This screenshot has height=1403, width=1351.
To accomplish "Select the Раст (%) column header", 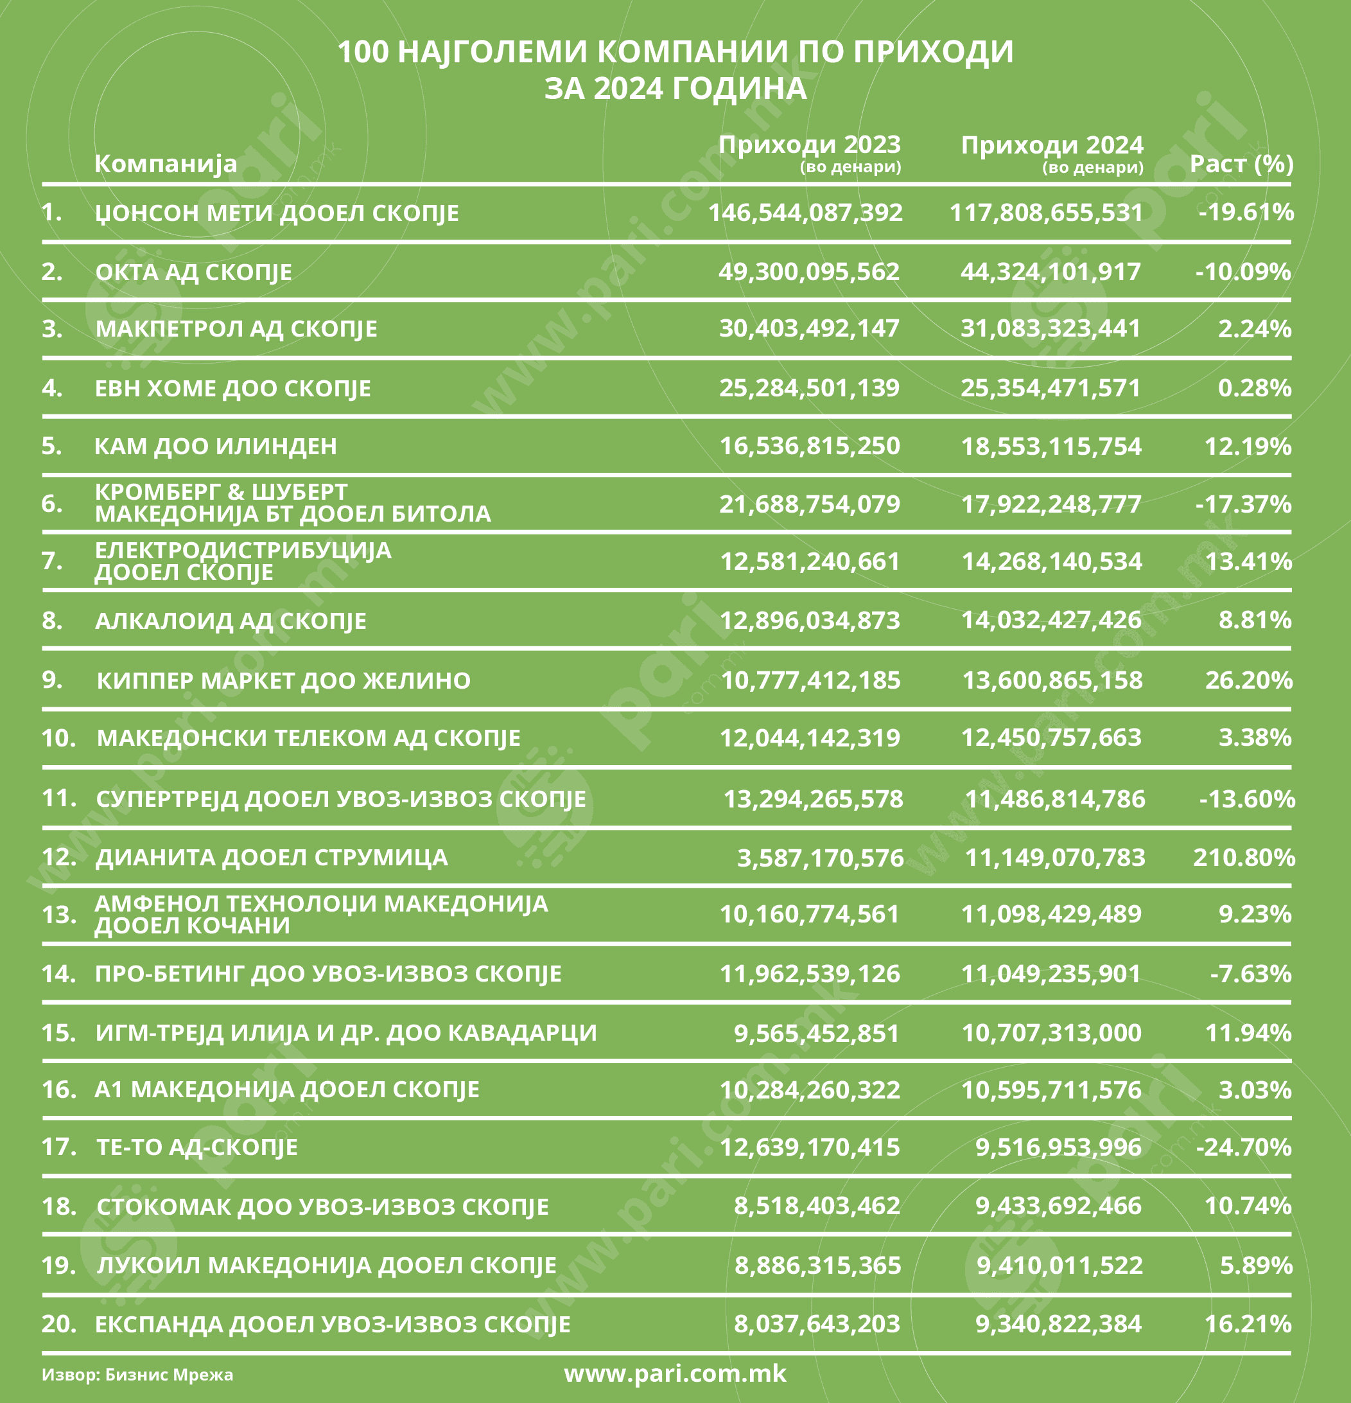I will click(1241, 164).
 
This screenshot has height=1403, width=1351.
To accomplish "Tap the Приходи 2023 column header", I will click(809, 145).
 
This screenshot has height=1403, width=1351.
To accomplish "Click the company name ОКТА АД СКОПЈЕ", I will click(193, 272).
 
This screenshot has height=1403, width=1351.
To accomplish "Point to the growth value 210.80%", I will click(1244, 857).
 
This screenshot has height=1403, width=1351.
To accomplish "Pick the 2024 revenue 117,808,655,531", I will click(1046, 213).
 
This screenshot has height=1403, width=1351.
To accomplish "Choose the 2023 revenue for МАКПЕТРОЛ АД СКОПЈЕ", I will click(809, 328).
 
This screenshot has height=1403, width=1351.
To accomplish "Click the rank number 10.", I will click(58, 737).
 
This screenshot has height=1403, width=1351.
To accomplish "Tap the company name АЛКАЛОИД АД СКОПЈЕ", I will click(231, 621).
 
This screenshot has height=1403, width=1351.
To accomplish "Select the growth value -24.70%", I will click(1244, 1147).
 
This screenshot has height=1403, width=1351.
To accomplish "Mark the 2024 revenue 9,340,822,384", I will click(1058, 1323).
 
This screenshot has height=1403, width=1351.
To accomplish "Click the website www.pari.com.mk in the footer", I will click(675, 1373).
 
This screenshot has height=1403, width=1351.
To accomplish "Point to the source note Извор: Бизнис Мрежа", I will click(137, 1374).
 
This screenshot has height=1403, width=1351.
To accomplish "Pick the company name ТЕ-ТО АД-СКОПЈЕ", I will click(196, 1147).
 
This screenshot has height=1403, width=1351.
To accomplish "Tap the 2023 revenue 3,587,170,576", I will click(820, 858).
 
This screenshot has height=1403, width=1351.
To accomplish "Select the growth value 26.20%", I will click(1249, 680).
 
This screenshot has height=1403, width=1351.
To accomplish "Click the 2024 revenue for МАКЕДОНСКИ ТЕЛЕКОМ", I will click(1051, 737).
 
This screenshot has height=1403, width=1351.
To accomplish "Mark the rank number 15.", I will click(58, 1032).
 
